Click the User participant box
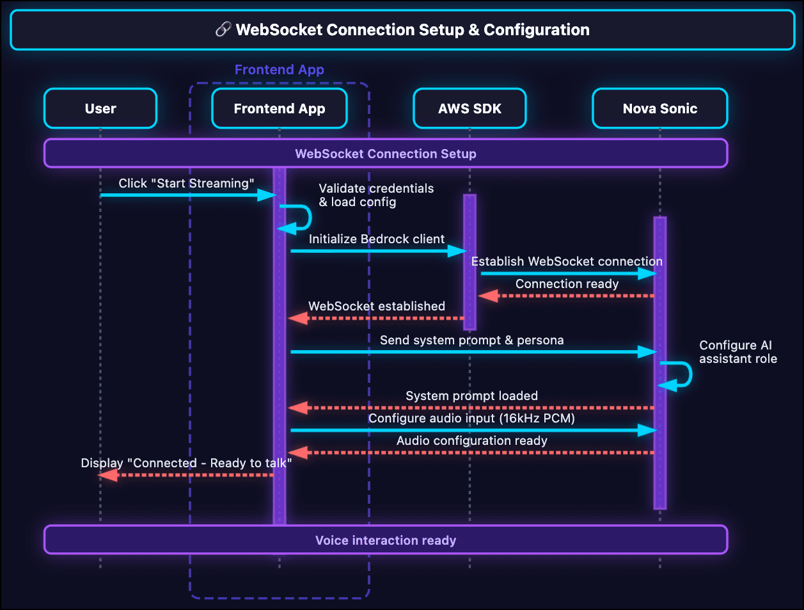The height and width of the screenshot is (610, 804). (x=100, y=109)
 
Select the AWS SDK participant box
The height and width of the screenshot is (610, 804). (x=469, y=109)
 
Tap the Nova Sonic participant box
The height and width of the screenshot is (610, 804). (x=659, y=109)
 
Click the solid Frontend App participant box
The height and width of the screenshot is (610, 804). (x=280, y=109)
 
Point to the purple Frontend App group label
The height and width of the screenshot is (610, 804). (x=280, y=70)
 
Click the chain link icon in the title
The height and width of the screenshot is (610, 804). (x=223, y=29)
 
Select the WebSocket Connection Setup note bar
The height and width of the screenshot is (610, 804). (x=386, y=154)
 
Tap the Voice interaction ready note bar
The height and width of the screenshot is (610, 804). (x=386, y=540)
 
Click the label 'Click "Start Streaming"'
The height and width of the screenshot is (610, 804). (x=186, y=184)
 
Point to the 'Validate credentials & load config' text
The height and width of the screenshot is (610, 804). (x=376, y=195)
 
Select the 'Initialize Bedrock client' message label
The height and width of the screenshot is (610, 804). (x=377, y=239)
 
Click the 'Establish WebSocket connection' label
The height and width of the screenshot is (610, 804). (x=567, y=261)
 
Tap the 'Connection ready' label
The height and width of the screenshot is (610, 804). (x=567, y=284)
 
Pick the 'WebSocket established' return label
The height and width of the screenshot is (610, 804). (x=377, y=306)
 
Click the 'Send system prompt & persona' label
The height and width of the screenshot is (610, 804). (x=472, y=340)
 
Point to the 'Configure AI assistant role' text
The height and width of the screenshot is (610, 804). (x=737, y=352)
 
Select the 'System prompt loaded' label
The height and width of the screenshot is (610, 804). (x=472, y=396)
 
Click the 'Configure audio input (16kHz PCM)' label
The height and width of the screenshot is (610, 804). (x=472, y=418)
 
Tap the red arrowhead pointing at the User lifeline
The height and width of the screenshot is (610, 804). (x=108, y=474)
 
